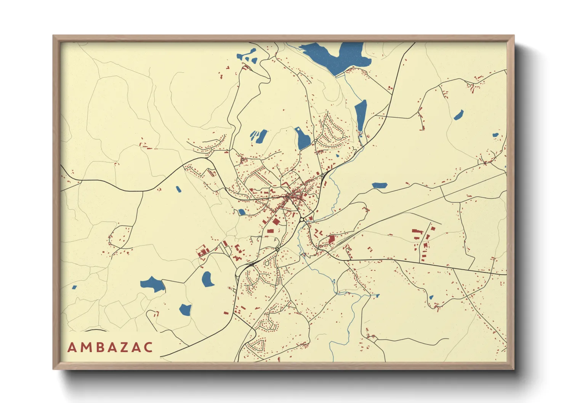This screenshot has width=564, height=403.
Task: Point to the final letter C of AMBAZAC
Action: pyautogui.click(x=148, y=347)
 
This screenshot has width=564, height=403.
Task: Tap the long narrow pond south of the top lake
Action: pyautogui.click(x=361, y=115)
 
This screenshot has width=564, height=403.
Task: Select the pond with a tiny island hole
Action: pyautogui.click(x=303, y=139)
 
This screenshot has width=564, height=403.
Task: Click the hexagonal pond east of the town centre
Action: pyautogui.click(x=380, y=186)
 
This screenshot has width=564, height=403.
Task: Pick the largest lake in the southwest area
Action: pyautogui.click(x=152, y=284)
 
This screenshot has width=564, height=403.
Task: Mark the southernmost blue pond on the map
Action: pyautogui.click(x=185, y=310)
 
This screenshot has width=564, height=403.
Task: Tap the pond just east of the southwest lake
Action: pyautogui.click(x=207, y=279)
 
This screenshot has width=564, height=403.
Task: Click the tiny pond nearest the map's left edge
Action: pyautogui.click(x=74, y=287)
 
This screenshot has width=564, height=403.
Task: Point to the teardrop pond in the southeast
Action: pyautogui.click(x=431, y=297)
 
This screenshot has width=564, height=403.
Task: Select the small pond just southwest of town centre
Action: pyautogui.click(x=242, y=212)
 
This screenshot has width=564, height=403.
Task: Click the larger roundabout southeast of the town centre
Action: pyautogui.click(x=302, y=219)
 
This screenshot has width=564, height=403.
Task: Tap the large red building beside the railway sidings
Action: pyautogui.click(x=332, y=240)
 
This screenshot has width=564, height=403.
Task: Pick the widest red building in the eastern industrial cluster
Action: pyautogui.click(x=418, y=231)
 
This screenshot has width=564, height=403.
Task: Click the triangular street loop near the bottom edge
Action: pyautogui.click(x=259, y=345)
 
